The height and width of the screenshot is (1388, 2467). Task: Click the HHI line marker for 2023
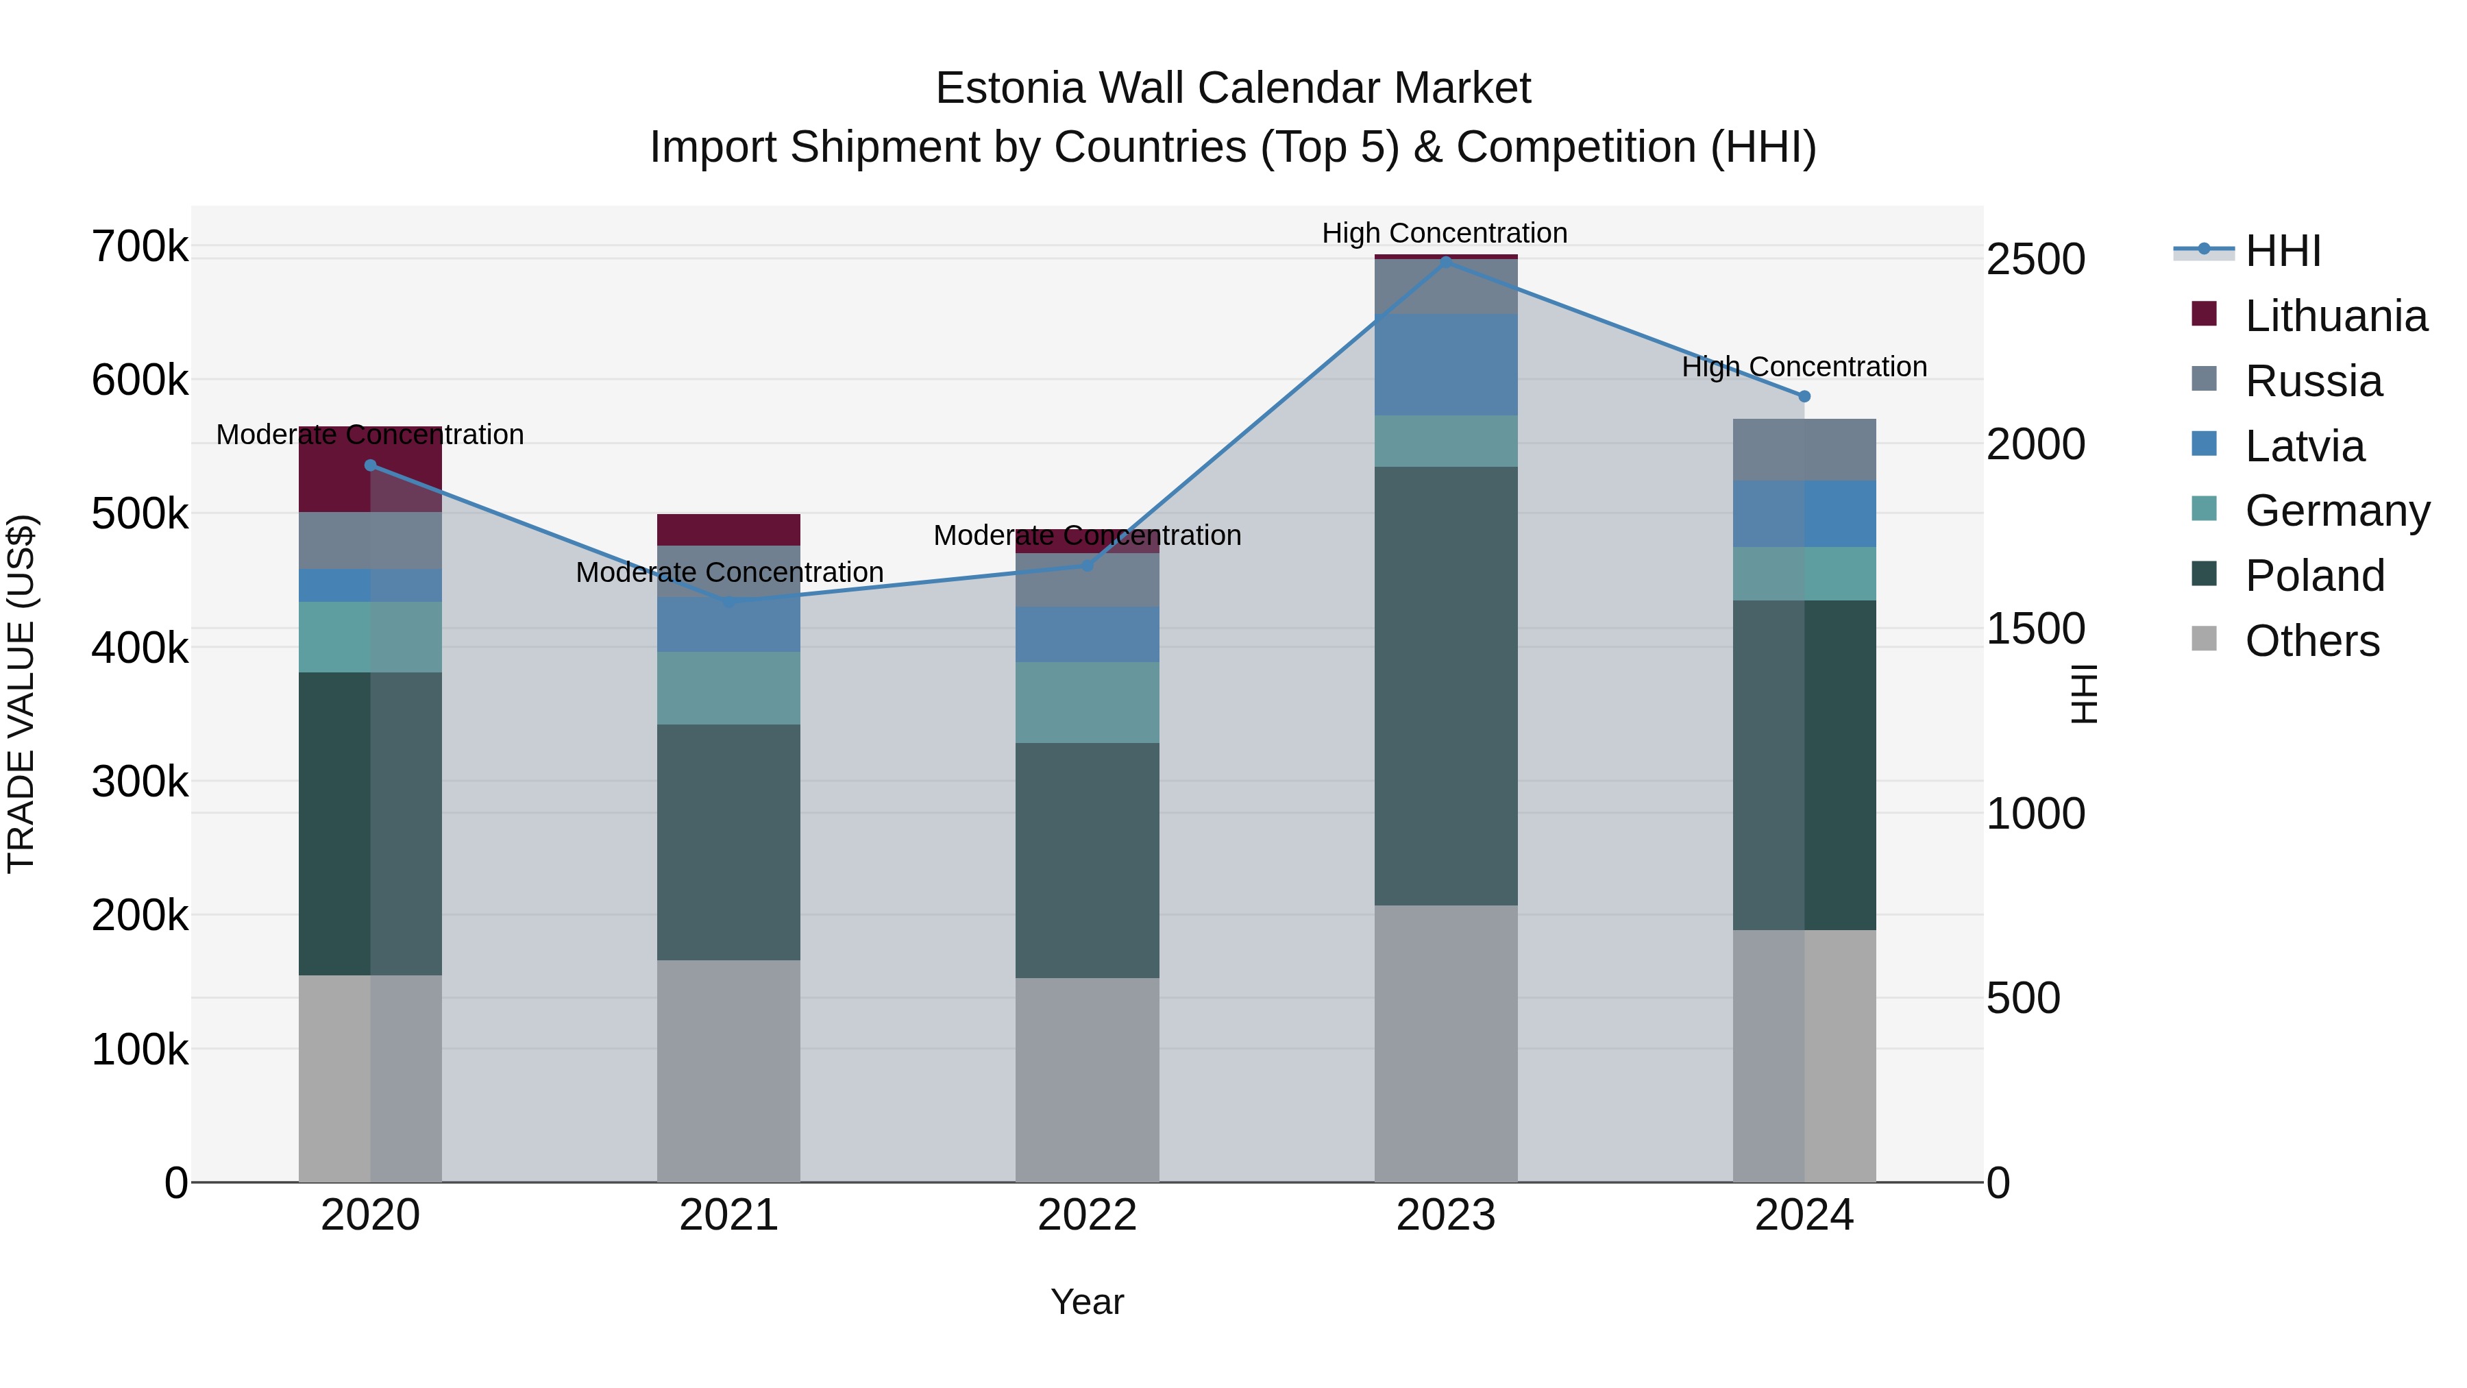1445,260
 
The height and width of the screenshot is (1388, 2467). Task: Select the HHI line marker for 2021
729,602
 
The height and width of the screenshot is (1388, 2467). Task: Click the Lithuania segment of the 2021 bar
729,530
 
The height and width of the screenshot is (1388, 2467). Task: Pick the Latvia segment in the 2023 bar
1445,365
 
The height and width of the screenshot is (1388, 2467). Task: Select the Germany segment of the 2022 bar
1087,702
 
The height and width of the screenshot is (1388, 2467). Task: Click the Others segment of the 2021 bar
729,1070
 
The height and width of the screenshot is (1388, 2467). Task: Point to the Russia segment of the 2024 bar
1804,449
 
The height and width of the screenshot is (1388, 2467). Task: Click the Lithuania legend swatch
2204,314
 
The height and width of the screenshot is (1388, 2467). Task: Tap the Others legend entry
2311,641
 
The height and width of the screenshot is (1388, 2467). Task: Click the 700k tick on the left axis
140,247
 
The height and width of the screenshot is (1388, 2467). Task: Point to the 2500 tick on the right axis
2035,260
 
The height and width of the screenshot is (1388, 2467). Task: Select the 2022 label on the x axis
1087,1215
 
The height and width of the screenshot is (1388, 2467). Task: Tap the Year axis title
1087,1302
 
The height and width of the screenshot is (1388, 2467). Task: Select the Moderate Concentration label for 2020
369,435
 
